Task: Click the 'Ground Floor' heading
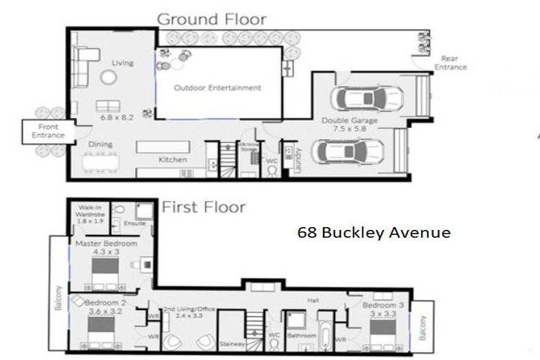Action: pos(211,18)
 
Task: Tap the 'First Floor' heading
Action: pos(204,207)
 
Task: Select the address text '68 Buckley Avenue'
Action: pos(373,232)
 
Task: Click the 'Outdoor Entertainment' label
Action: pos(217,88)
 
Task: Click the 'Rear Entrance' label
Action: pos(451,63)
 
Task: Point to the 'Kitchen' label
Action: pos(172,160)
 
